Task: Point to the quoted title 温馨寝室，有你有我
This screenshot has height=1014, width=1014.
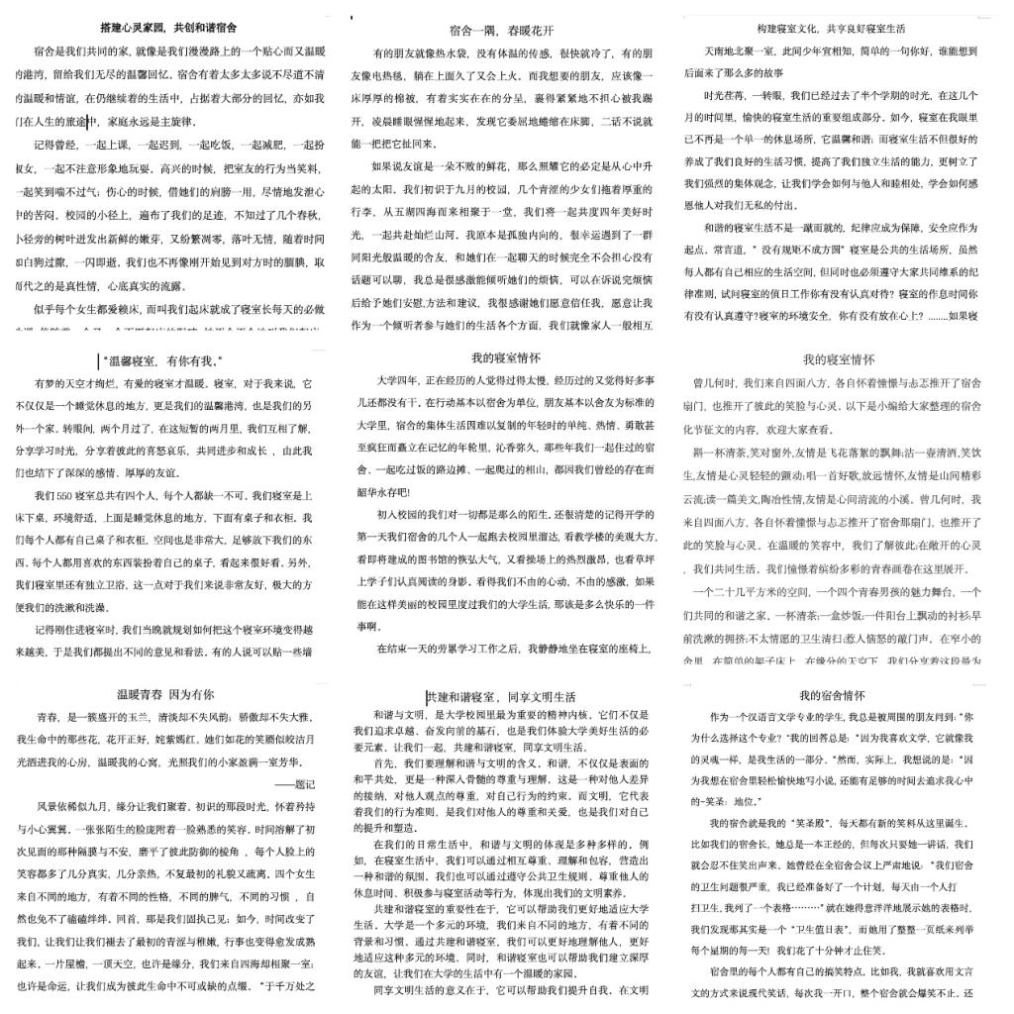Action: [161, 361]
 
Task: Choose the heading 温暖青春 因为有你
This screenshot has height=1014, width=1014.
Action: [164, 695]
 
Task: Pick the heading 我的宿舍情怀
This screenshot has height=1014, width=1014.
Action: [832, 696]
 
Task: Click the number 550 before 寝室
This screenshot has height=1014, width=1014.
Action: [71, 495]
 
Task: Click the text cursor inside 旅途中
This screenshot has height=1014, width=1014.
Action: [88, 122]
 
